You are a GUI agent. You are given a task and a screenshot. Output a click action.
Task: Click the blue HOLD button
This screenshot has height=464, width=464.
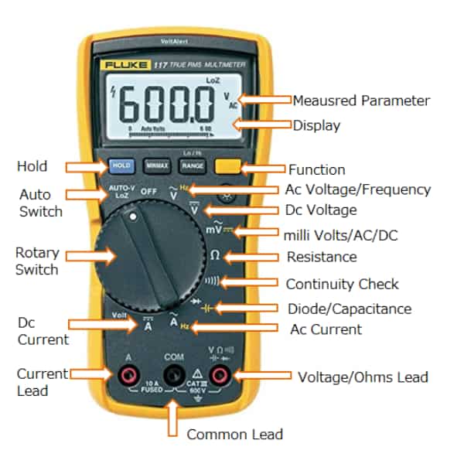(121, 165)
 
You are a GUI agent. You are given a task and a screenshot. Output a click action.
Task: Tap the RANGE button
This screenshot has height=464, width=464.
(193, 165)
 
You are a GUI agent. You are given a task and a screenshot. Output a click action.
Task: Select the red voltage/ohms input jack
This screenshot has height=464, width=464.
(220, 376)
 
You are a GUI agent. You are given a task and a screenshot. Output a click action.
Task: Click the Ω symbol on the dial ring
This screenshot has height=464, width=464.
(215, 255)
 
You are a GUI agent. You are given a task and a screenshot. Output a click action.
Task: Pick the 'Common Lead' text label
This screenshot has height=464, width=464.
(234, 435)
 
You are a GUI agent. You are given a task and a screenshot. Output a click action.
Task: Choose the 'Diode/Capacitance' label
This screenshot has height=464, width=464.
(349, 309)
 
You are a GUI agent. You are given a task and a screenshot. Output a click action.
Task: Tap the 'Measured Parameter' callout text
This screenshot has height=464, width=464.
(360, 101)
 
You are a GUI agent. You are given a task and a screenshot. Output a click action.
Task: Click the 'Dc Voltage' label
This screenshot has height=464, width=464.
(321, 210)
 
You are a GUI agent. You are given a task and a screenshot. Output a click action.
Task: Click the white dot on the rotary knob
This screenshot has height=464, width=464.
(133, 219)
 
